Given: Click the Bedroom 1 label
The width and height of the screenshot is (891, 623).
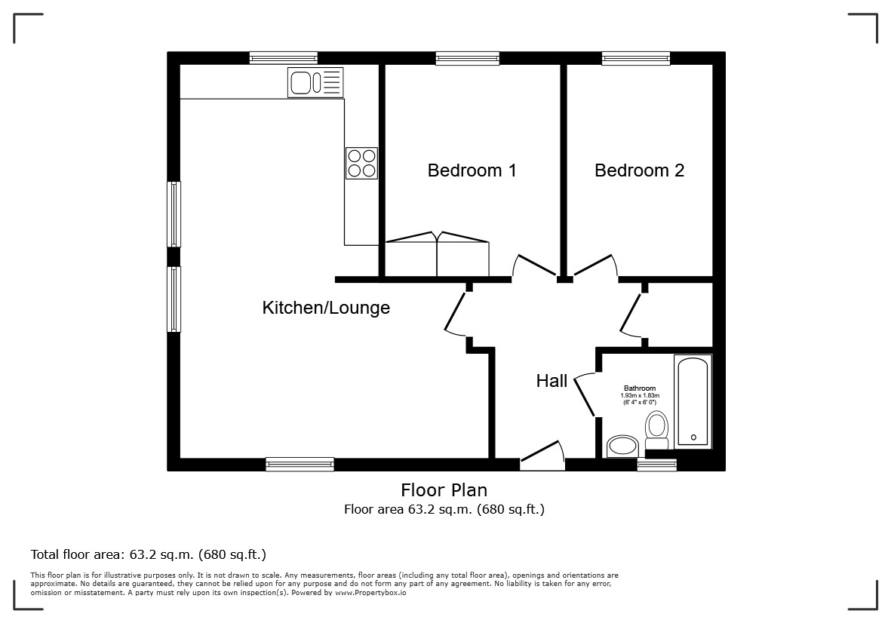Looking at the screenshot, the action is (472, 170).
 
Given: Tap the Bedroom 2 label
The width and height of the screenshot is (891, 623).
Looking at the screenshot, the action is (639, 170).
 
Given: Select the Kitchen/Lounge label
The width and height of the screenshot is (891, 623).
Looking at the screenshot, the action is (326, 308).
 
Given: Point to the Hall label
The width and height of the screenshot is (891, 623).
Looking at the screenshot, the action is (551, 381).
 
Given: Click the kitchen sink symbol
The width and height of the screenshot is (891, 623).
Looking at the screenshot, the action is (315, 82).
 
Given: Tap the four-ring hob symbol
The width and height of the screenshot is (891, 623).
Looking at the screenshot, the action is (361, 163).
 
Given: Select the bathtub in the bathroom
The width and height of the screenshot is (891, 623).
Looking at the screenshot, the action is (693, 401).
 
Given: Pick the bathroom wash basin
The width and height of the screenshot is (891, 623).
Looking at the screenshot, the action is (622, 447).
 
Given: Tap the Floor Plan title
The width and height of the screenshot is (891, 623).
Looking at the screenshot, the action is (444, 489).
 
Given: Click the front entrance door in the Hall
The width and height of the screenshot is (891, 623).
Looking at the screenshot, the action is (542, 456).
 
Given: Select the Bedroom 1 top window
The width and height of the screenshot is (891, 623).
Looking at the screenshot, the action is (468, 58).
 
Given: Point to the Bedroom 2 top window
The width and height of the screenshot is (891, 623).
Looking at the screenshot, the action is (636, 58).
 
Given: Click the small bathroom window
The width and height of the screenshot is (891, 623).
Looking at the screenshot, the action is (657, 465).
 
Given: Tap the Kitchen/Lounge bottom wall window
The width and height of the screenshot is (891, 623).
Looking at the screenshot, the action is (300, 465).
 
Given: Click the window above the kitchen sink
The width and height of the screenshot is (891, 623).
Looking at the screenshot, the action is (283, 58).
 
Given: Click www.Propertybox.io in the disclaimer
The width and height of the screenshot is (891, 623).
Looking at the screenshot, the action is (370, 593).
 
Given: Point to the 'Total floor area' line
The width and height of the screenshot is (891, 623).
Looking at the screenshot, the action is (149, 554).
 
